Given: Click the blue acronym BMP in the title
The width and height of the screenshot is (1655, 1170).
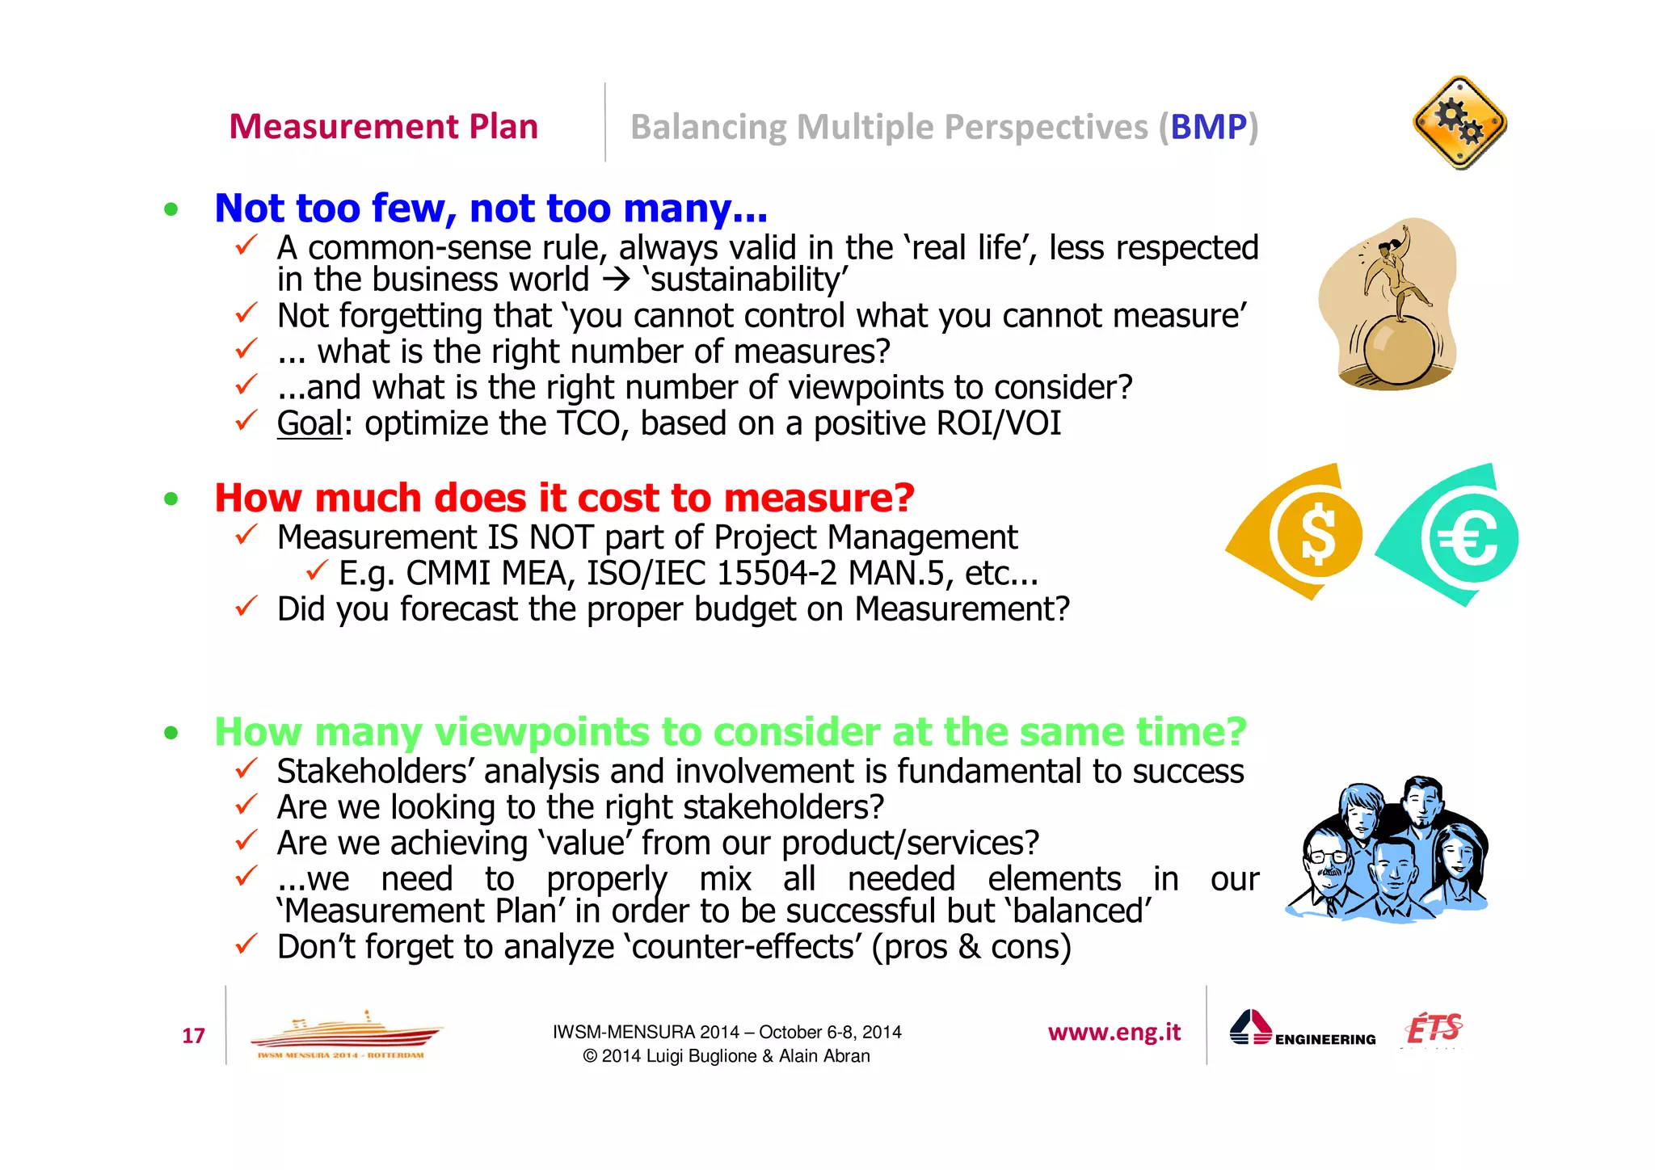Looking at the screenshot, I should click(x=1208, y=127).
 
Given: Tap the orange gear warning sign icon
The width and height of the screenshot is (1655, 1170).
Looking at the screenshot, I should click(x=1459, y=123).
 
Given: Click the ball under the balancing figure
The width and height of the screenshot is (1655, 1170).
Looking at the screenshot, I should click(x=1399, y=350).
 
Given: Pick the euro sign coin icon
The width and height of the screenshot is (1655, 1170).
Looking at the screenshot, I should click(x=1470, y=538).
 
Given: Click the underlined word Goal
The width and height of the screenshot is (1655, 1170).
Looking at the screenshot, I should click(x=310, y=423).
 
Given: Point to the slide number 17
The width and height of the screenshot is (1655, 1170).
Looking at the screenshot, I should click(x=193, y=1036).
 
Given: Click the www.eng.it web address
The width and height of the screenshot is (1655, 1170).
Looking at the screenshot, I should click(x=1114, y=1032).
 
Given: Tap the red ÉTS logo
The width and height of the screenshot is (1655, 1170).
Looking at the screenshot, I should click(x=1434, y=1029).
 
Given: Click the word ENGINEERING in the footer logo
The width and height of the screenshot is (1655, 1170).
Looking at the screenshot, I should click(x=1325, y=1039).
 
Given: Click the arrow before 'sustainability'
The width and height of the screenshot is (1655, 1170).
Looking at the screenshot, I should click(x=616, y=280).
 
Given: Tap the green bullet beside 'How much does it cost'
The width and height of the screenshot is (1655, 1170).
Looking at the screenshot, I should click(x=171, y=499).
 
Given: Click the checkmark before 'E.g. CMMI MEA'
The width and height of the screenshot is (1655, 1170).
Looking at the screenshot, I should click(x=317, y=570).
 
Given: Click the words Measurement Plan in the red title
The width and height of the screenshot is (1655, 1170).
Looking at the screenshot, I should click(x=383, y=127).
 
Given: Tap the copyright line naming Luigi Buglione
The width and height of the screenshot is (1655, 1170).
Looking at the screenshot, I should click(x=726, y=1056).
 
